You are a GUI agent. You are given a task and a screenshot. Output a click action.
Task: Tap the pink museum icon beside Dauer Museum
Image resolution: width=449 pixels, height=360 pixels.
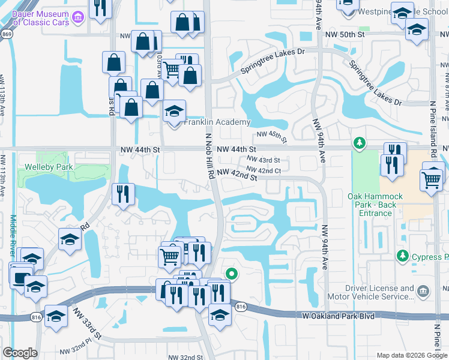click(77, 19)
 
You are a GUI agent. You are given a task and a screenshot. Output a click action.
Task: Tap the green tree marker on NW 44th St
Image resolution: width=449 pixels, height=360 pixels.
click(360, 143)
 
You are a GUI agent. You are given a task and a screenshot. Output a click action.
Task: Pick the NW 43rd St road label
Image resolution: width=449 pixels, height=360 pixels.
click(264, 160)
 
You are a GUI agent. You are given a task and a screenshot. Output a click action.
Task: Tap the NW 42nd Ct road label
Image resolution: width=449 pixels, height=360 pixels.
click(265, 170)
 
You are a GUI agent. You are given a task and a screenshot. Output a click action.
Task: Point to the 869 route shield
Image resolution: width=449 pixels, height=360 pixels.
click(7, 35)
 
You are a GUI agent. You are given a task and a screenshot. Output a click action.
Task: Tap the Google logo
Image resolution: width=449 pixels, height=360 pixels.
click(20, 353)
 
